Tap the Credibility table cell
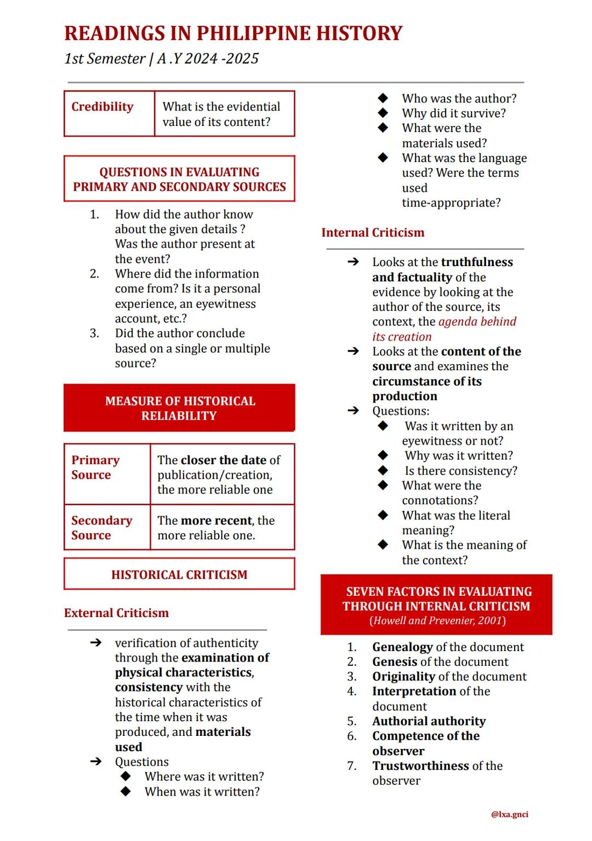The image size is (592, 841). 103,107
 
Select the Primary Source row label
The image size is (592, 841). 95,468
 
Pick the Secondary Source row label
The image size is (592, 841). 102,528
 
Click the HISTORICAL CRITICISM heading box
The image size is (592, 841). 179,574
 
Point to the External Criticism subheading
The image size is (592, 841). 116,613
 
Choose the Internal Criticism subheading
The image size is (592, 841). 373,233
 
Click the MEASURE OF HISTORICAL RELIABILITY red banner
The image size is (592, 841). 179,408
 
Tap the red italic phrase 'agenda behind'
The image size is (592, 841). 477,322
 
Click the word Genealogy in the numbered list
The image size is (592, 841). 402,647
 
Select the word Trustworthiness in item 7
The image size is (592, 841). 421,766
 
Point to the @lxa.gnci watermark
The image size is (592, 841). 510,814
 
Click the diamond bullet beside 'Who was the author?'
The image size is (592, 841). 383,99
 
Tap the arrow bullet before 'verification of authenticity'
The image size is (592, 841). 96,643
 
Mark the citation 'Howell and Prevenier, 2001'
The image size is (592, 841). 437,621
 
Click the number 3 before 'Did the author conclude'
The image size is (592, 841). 94,333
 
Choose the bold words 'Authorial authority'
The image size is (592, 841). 429,721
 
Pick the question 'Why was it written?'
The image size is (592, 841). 459,456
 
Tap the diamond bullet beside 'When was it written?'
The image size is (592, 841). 126,792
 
